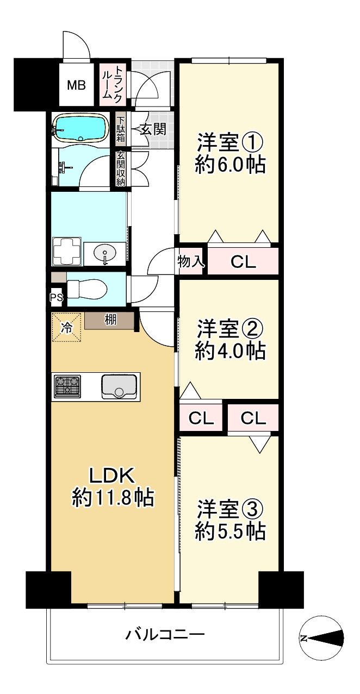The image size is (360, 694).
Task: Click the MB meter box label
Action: pos(76,85)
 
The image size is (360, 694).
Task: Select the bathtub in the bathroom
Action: pos(80,129)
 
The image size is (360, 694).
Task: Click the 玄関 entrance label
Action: pos(153,129)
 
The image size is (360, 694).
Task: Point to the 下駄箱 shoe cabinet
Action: pos(120,129)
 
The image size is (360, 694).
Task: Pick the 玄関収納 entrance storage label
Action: pos(120,169)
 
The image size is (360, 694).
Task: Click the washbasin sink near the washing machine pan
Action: pos(105,253)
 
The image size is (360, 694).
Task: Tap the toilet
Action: pos(87,289)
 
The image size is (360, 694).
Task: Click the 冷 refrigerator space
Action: pos(66,327)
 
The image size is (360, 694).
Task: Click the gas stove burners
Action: pos(67,386)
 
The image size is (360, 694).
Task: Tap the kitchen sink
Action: pos(119,387)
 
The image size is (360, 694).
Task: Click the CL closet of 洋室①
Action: pos(243,261)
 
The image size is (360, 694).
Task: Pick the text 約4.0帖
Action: pos(230,351)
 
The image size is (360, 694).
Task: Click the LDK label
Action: pos(113,476)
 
